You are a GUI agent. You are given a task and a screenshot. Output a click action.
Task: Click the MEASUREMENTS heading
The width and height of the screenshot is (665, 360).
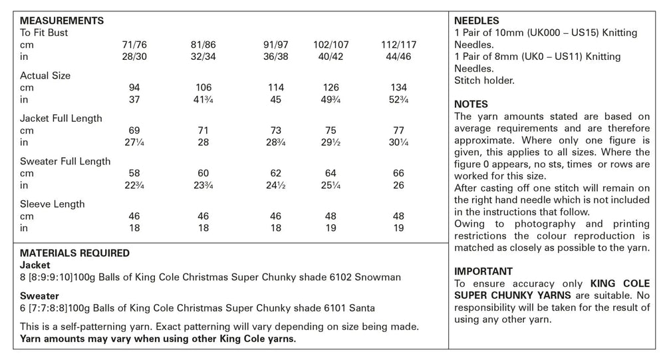point(62,21)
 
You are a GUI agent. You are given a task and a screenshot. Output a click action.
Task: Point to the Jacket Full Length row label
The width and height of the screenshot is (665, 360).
point(61,118)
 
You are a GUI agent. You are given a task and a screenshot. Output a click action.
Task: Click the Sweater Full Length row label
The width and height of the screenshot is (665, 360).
point(65,161)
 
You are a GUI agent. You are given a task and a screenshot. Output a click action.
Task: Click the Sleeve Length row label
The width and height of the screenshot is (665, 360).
point(53,204)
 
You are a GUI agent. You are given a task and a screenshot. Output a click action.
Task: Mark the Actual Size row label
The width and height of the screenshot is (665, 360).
point(45,76)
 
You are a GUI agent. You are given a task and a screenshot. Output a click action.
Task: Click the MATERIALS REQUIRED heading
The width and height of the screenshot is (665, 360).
point(75,254)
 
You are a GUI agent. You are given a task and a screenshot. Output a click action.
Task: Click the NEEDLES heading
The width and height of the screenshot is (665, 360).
point(476,21)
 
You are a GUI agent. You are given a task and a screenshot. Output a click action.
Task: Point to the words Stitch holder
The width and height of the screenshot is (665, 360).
point(484,81)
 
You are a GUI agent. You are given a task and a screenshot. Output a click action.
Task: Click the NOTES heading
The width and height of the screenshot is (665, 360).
point(471,104)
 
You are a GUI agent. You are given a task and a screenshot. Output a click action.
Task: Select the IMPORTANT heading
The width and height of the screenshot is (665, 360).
point(483,271)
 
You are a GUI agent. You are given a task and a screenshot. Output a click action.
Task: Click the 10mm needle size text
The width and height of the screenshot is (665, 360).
point(509,33)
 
